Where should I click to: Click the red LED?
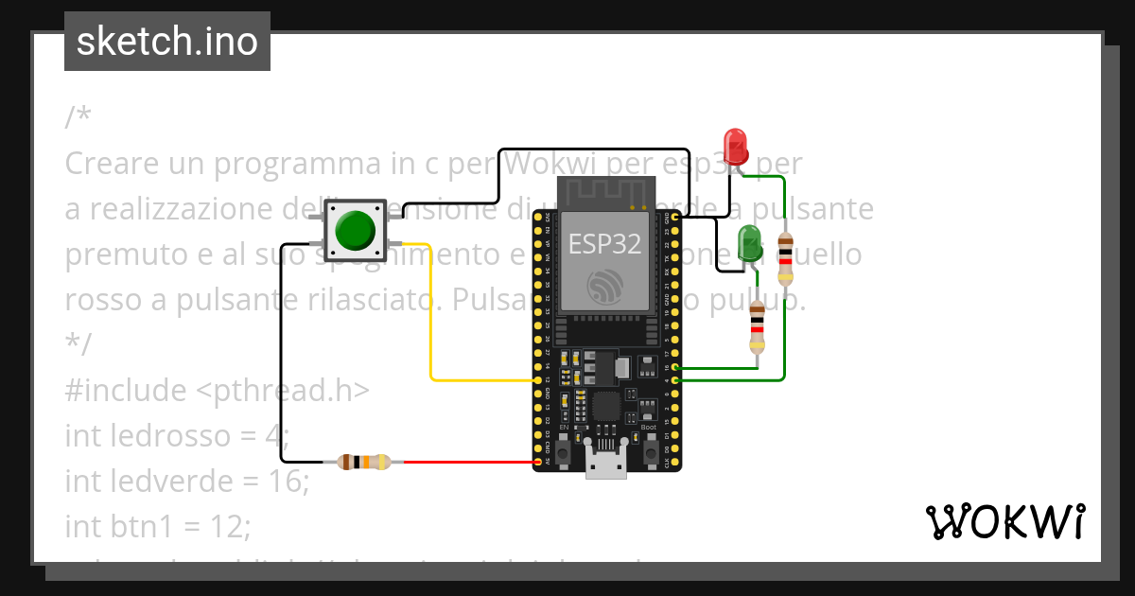click(735, 145)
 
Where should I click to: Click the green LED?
click(749, 242)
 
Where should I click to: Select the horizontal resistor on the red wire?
click(363, 462)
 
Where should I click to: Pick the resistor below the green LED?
click(756, 326)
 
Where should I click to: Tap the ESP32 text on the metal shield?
click(604, 244)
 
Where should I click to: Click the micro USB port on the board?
click(605, 465)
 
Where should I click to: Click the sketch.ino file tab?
click(167, 42)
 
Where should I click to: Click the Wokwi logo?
click(1004, 521)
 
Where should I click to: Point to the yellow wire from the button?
click(431, 312)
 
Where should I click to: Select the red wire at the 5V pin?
click(473, 462)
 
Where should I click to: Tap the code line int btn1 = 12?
click(158, 526)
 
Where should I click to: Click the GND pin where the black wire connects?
click(675, 218)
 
